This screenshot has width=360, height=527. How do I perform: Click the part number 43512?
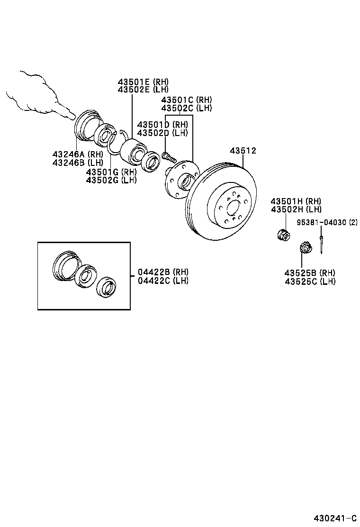(243, 151)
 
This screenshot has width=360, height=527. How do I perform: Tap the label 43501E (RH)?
(143, 82)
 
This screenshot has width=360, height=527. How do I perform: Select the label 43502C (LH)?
(186, 108)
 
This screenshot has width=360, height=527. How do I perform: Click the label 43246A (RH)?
(78, 154)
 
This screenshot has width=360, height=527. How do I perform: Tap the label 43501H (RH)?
(296, 201)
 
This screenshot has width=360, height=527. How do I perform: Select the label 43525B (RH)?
(310, 273)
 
